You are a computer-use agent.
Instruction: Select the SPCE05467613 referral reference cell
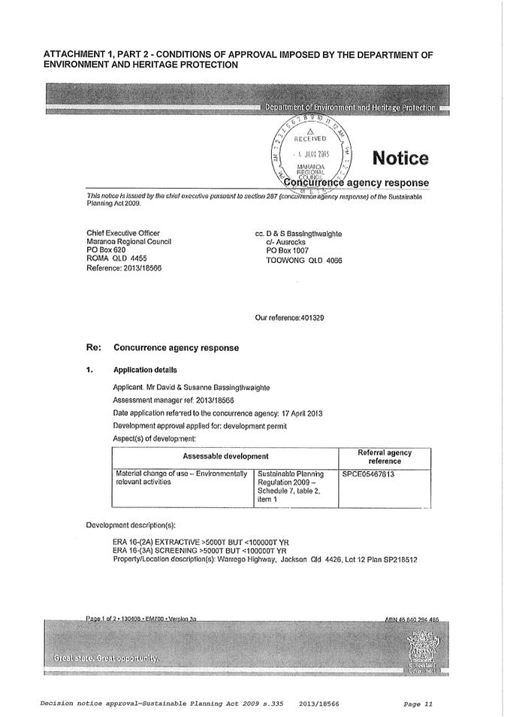368,475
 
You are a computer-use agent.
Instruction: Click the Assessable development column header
225,456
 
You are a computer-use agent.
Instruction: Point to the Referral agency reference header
385,456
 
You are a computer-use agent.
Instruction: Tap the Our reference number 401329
289,318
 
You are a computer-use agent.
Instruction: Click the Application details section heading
145,370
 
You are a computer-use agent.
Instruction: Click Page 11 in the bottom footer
418,703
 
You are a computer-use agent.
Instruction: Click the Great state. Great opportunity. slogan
104,658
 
